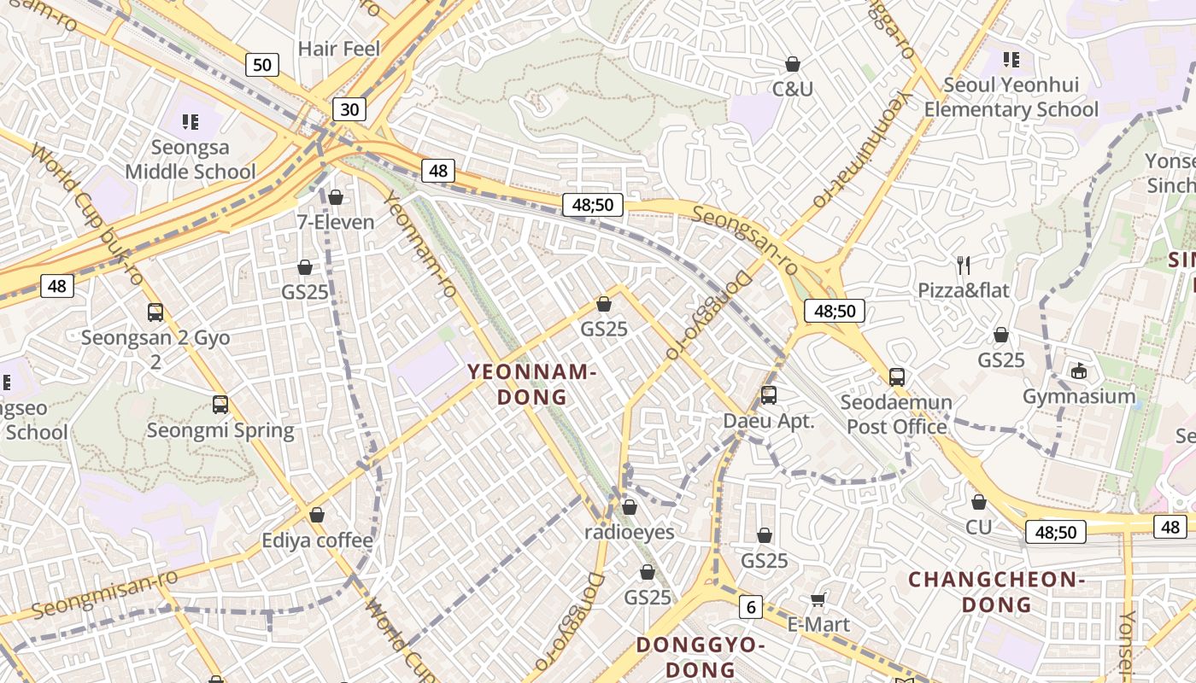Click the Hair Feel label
tap(338, 49)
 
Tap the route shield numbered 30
tap(349, 109)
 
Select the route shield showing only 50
tap(262, 64)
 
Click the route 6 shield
tap(750, 607)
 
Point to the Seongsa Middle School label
tap(191, 160)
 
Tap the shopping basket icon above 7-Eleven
tap(336, 198)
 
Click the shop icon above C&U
tap(793, 64)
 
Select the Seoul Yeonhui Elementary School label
tap(1011, 97)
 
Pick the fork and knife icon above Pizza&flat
tap(964, 265)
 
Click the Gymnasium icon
tap(1079, 371)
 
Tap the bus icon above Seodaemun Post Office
tap(897, 377)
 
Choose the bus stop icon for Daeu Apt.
tap(769, 395)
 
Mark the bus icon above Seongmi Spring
tap(220, 405)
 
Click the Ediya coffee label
tap(318, 540)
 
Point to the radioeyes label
tap(630, 533)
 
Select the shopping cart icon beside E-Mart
tap(818, 599)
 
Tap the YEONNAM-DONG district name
tap(531, 384)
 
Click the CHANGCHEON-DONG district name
tap(996, 592)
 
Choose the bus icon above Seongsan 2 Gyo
tap(155, 312)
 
